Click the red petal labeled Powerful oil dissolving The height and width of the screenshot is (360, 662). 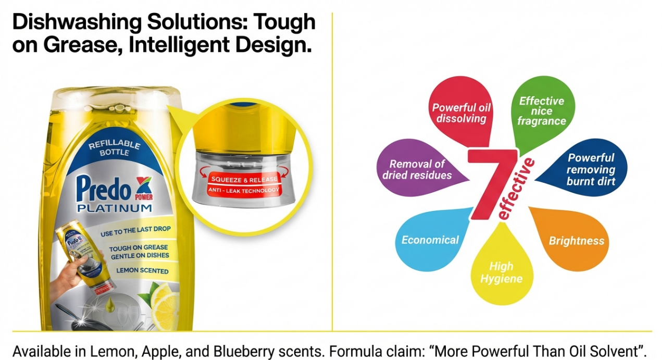[461, 111]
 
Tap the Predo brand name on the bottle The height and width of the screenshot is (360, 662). [104, 189]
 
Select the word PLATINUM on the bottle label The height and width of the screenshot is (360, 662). [115, 208]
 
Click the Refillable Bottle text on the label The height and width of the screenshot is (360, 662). [115, 147]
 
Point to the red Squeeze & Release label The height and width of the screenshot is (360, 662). [244, 179]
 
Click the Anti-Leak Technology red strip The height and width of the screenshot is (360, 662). [244, 191]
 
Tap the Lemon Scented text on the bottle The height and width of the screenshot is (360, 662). [142, 270]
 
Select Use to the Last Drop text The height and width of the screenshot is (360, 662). [135, 231]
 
